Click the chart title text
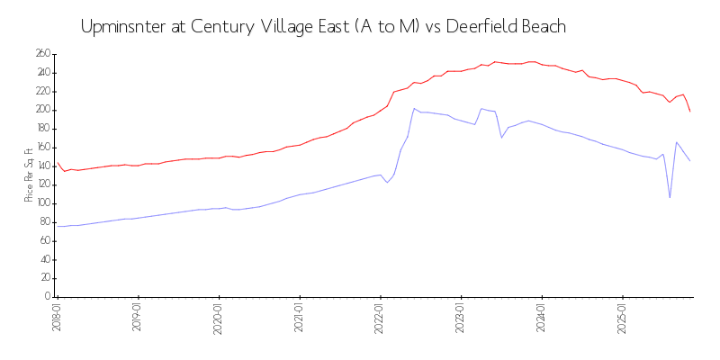pyautogui.click(x=323, y=26)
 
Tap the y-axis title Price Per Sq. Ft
pyautogui.click(x=30, y=175)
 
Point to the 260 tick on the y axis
pyautogui.click(x=42, y=54)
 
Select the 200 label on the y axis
pyautogui.click(x=42, y=110)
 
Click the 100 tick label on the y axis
pyautogui.click(x=42, y=203)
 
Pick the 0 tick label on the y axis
pyautogui.click(x=47, y=297)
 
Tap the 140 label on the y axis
pyautogui.click(x=42, y=166)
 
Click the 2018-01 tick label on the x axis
pyautogui.click(x=58, y=317)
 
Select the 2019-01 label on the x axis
pyautogui.click(x=139, y=317)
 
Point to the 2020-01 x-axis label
pyautogui.click(x=219, y=317)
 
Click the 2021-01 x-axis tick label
pyautogui.click(x=300, y=317)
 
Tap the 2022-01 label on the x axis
pyautogui.click(x=381, y=317)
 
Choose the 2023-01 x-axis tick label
pyautogui.click(x=462, y=317)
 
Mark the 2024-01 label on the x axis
pyautogui.click(x=542, y=317)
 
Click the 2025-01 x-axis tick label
pyautogui.click(x=623, y=317)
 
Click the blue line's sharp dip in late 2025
pyautogui.click(x=670, y=197)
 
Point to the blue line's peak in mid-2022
pyautogui.click(x=414, y=109)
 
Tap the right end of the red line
pyautogui.click(x=690, y=112)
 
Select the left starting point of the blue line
pyautogui.click(x=58, y=226)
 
